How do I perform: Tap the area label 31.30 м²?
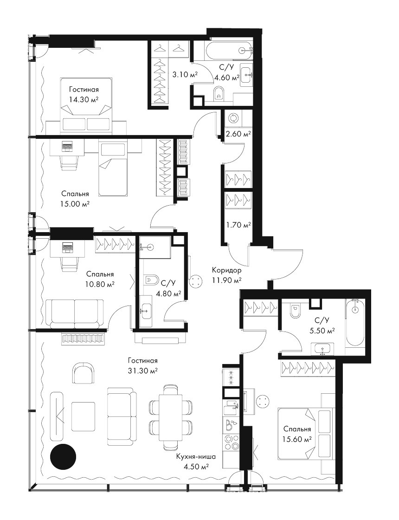click(143, 370)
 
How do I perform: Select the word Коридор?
click(227, 270)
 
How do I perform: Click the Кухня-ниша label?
click(196, 457)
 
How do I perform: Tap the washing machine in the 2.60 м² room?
click(233, 119)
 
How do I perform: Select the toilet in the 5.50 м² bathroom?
click(294, 311)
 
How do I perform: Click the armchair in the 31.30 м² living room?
click(82, 372)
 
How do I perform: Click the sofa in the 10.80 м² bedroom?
click(74, 313)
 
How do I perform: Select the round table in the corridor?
click(195, 282)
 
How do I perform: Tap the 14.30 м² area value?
click(84, 99)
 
